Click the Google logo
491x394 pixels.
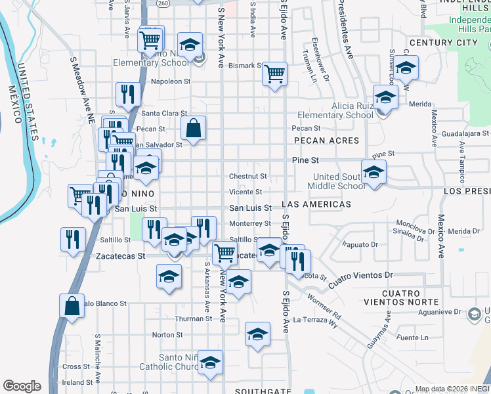(22, 386)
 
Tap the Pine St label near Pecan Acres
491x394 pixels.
(305, 160)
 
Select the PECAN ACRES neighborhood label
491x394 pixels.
(327, 141)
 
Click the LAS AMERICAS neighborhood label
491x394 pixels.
(316, 204)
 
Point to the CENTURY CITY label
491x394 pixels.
(443, 43)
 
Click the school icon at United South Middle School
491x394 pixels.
(374, 173)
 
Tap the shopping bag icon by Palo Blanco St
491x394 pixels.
(72, 306)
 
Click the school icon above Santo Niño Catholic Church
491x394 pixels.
(210, 362)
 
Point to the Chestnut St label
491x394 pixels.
(247, 176)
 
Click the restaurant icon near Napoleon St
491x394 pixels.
(128, 94)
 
